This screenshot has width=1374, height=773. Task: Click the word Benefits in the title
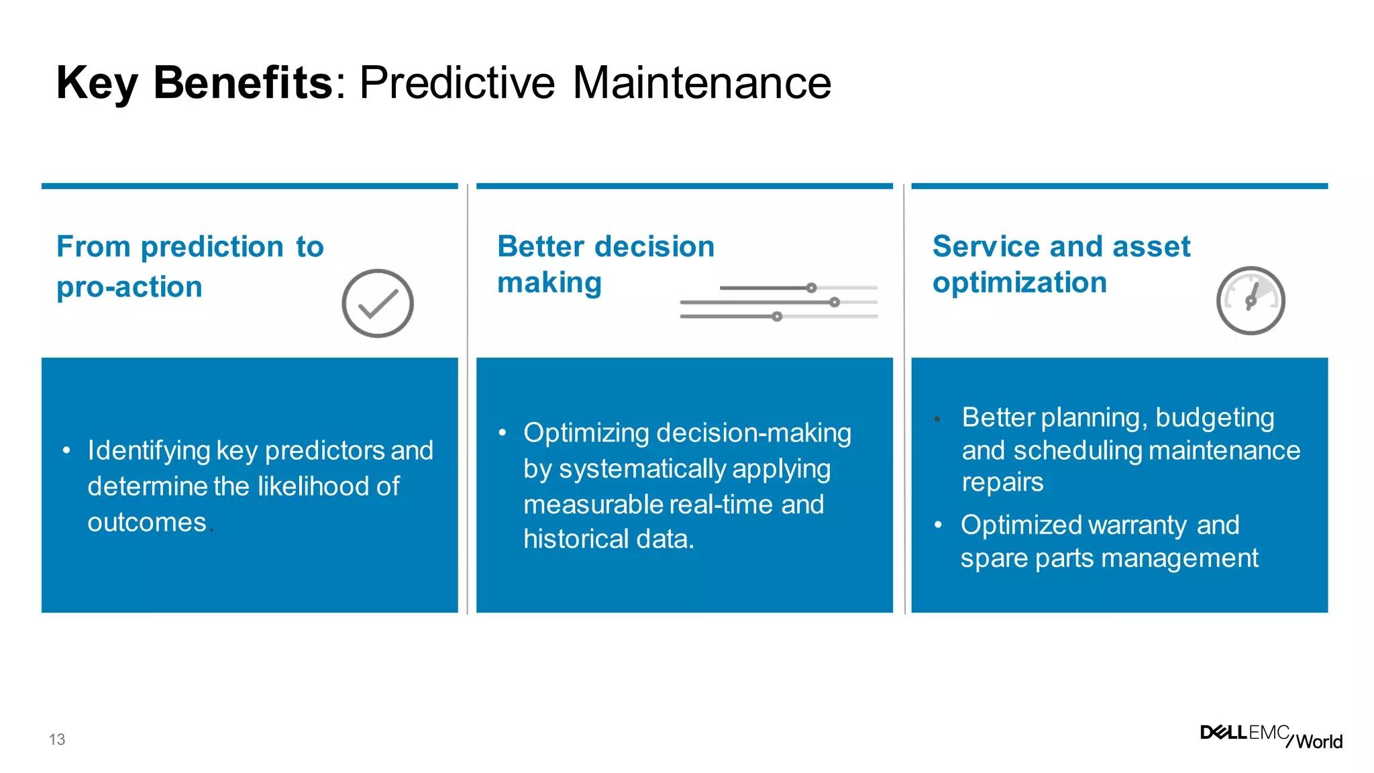(242, 83)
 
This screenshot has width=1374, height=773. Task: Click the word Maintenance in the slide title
(702, 83)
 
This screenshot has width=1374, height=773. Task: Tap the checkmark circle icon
(378, 303)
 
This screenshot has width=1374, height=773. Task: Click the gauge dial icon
(1251, 301)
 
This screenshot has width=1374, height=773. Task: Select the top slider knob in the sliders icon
(811, 288)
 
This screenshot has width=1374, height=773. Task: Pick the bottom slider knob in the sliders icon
(777, 316)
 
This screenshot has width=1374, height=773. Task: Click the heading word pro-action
(129, 287)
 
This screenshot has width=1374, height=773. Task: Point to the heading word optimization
(1019, 282)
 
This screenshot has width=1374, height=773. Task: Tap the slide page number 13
(57, 739)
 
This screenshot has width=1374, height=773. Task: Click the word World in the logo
(1319, 741)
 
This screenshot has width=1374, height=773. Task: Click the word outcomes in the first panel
(147, 522)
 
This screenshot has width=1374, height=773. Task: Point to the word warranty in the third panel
(1140, 525)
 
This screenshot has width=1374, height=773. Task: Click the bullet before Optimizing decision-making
(502, 433)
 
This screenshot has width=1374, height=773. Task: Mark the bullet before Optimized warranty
(938, 525)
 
